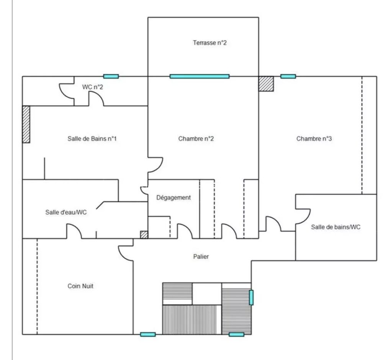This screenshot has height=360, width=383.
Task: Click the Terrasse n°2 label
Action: pyautogui.click(x=210, y=43)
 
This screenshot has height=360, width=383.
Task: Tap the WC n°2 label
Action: pyautogui.click(x=93, y=87)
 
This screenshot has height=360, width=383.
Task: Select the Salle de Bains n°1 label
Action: pyautogui.click(x=92, y=138)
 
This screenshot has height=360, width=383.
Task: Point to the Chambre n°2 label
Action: pyautogui.click(x=196, y=139)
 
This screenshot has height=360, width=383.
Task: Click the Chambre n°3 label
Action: pyautogui.click(x=314, y=139)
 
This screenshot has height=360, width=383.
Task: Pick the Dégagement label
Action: pyautogui.click(x=173, y=198)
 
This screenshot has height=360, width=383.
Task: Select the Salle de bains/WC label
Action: pyautogui.click(x=336, y=227)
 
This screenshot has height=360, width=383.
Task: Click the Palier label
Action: pyautogui.click(x=201, y=257)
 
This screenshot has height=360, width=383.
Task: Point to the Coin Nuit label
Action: pyautogui.click(x=80, y=286)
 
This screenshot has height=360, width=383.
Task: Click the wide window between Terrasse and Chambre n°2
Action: pyautogui.click(x=199, y=77)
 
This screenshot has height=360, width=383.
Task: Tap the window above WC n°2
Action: pyautogui.click(x=111, y=77)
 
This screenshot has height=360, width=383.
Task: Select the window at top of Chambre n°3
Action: pyautogui.click(x=288, y=77)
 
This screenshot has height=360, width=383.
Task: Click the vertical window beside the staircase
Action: pyautogui.click(x=251, y=297)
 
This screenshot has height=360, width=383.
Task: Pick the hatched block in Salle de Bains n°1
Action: pyautogui.click(x=26, y=124)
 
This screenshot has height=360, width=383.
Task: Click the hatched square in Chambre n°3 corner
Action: pyautogui.click(x=266, y=84)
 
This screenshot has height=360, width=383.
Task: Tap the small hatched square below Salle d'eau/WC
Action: pyautogui.click(x=144, y=235)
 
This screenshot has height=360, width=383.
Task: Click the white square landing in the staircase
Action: pyautogui.click(x=207, y=294)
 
